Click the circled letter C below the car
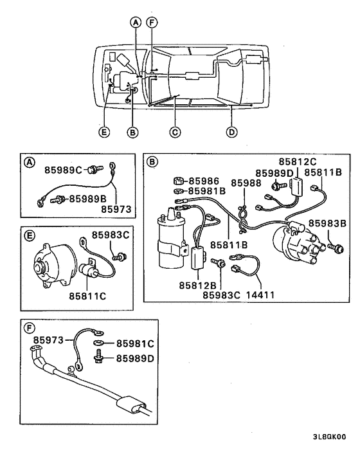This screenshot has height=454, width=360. pyautogui.click(x=174, y=133)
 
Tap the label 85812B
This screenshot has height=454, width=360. pyautogui.click(x=192, y=284)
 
